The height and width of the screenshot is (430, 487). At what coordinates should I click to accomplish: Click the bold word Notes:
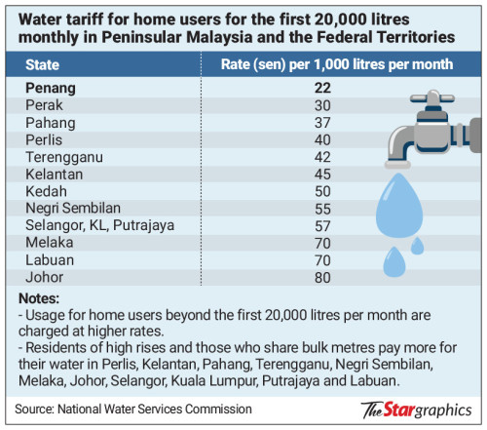tap(39, 297)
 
